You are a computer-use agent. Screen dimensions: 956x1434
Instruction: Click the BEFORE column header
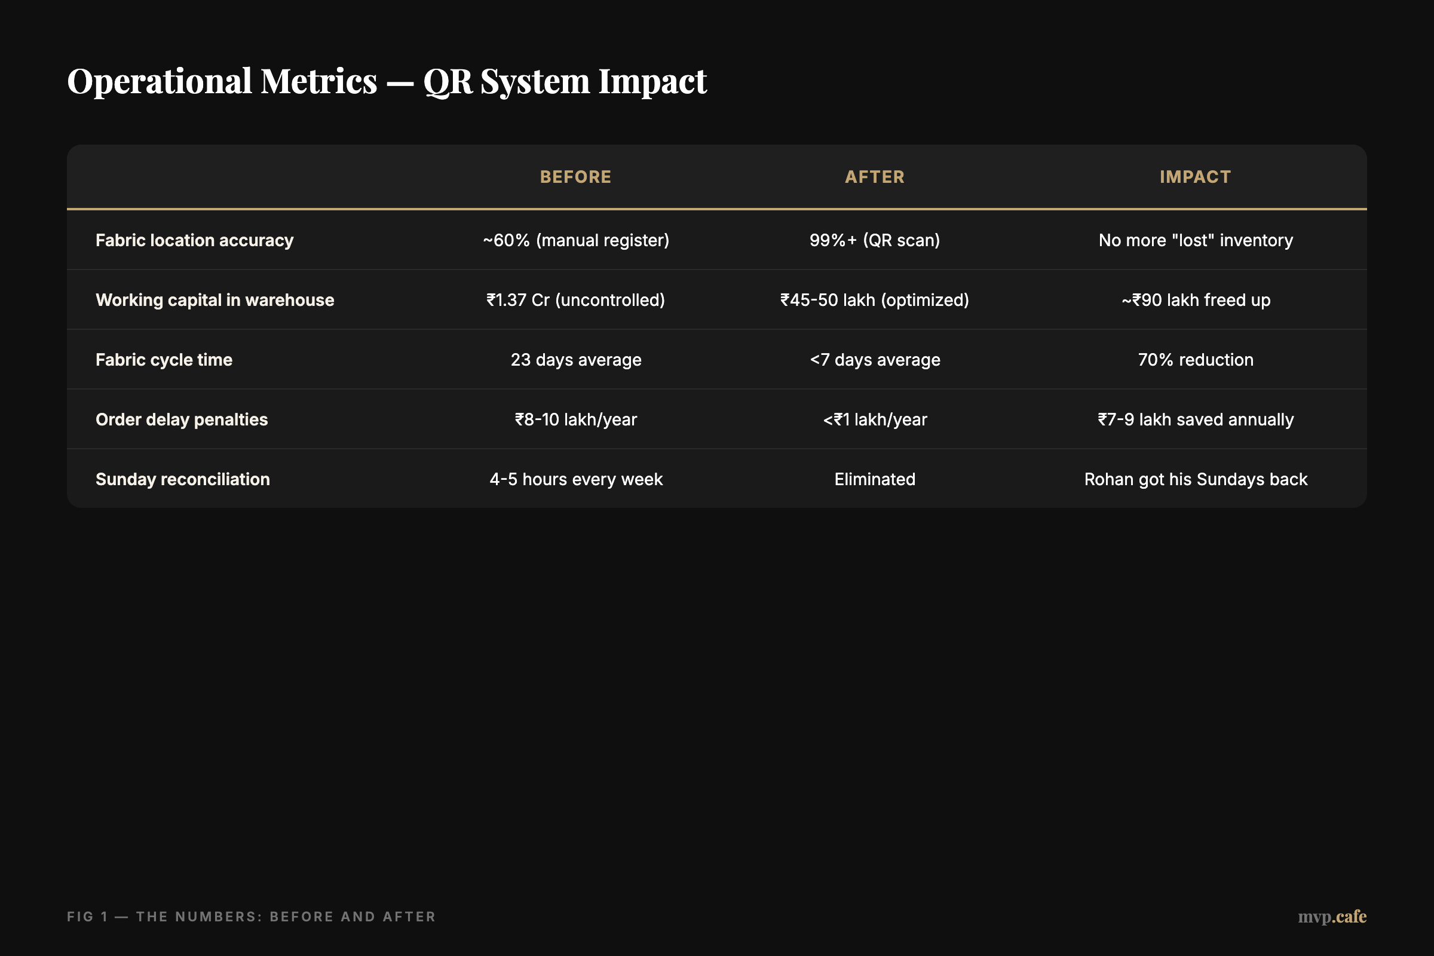pyautogui.click(x=575, y=177)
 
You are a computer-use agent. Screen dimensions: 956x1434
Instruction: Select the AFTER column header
pyautogui.click(x=874, y=177)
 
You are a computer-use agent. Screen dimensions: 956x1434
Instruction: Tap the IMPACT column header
pyautogui.click(x=1195, y=177)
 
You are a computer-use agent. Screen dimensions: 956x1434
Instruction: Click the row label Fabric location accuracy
pyautogui.click(x=195, y=240)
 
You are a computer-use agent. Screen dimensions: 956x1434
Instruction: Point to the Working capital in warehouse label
pyautogui.click(x=215, y=300)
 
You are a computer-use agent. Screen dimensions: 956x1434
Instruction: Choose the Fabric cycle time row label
pyautogui.click(x=164, y=360)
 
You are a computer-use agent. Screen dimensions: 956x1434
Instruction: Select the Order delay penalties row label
pyautogui.click(x=182, y=419)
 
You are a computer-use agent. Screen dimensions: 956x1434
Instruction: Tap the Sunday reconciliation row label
pyautogui.click(x=183, y=479)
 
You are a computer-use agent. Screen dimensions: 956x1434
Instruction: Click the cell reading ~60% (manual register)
pyautogui.click(x=575, y=240)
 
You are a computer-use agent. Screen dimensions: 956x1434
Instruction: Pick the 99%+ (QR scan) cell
pyautogui.click(x=874, y=240)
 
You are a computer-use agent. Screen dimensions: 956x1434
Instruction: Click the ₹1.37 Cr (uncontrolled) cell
pyautogui.click(x=575, y=300)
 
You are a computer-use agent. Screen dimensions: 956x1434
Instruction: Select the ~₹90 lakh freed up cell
pyautogui.click(x=1196, y=300)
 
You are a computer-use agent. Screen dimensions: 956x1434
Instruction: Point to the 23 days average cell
pyautogui.click(x=575, y=360)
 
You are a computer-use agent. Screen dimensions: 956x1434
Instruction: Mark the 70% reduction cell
pyautogui.click(x=1196, y=360)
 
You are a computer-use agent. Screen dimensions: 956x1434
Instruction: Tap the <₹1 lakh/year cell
pyautogui.click(x=874, y=419)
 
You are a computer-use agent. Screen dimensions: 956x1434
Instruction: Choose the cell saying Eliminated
pyautogui.click(x=874, y=479)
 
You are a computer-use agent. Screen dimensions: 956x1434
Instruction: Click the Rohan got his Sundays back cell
pyautogui.click(x=1196, y=479)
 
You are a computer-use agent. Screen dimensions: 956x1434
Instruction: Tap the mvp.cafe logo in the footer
pyautogui.click(x=1332, y=917)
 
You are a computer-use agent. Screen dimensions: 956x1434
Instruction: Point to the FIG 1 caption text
pyautogui.click(x=251, y=917)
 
